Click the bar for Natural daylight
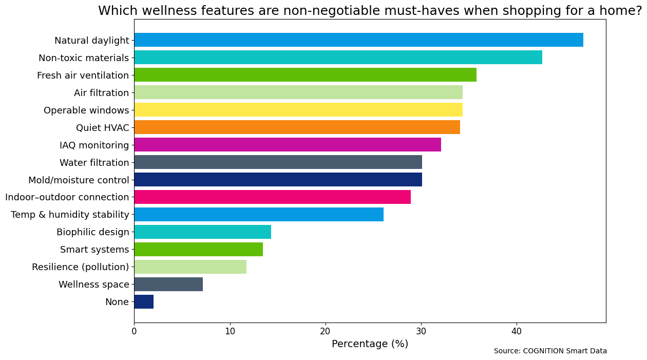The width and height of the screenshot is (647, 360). [358, 40]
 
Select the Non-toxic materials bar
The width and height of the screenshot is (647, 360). [338, 58]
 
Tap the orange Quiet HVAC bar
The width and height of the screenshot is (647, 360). [297, 127]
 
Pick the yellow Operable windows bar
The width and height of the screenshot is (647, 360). [298, 110]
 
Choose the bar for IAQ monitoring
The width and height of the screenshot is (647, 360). [288, 145]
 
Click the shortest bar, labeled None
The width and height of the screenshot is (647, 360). [144, 302]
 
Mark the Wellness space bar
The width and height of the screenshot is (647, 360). [168, 285]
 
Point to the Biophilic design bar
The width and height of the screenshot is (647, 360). [202, 232]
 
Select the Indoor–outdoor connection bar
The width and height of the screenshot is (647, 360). [272, 197]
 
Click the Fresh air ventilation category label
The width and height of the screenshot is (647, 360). [83, 75]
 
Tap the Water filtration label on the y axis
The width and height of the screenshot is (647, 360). [94, 163]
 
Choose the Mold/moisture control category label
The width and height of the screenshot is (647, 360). [79, 180]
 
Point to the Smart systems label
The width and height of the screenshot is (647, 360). [94, 250]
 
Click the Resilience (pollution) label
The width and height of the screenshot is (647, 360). [80, 267]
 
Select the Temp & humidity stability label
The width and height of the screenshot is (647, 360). [70, 215]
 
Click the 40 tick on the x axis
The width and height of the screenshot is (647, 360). [517, 332]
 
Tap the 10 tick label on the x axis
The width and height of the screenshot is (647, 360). [230, 332]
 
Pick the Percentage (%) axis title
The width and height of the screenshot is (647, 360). [370, 344]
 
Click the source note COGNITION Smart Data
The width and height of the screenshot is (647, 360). [550, 351]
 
